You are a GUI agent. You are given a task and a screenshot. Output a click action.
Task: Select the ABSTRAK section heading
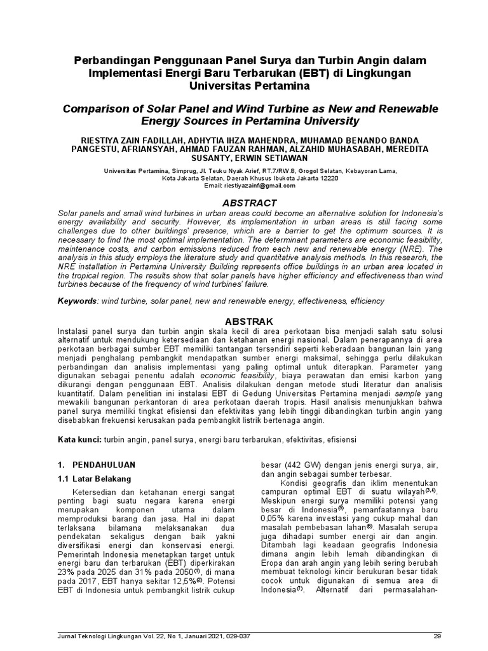point(244,322)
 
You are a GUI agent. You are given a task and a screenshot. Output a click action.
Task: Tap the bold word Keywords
point(74,299)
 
